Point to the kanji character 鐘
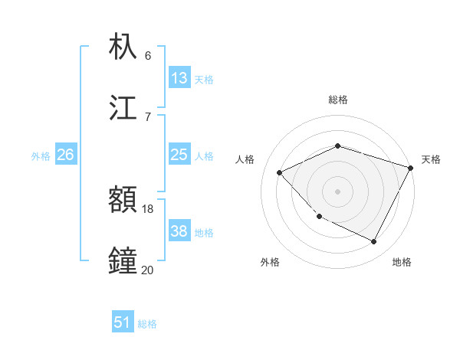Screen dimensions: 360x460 click(123, 260)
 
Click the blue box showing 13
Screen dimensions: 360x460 click(179, 78)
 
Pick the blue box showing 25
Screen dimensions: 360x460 click(179, 155)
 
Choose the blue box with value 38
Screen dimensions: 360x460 click(179, 231)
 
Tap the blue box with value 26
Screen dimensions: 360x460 click(65, 155)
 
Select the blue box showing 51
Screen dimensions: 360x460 click(123, 322)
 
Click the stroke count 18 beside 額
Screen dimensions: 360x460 click(148, 208)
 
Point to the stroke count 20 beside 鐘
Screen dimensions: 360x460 click(147, 269)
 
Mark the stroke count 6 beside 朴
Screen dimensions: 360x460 click(148, 56)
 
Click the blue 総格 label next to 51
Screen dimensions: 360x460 click(147, 324)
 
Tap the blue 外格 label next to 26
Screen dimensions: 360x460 click(41, 156)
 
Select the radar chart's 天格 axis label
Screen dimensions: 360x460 click(431, 159)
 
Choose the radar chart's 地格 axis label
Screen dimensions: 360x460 click(402, 262)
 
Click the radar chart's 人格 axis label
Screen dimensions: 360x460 click(245, 159)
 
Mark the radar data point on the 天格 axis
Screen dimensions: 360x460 click(411, 168)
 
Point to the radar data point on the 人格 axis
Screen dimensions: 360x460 click(280, 172)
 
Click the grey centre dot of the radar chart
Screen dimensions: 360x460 click(337, 191)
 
